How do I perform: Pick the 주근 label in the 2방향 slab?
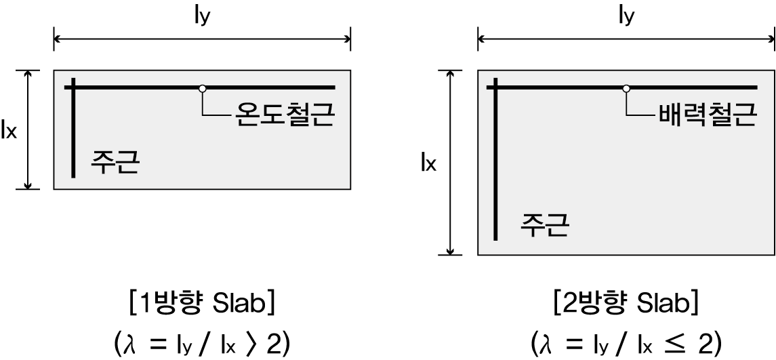pos(544,223)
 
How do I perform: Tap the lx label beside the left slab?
pos(10,130)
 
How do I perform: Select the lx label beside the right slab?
pos(428,163)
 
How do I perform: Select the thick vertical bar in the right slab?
pos(497,169)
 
